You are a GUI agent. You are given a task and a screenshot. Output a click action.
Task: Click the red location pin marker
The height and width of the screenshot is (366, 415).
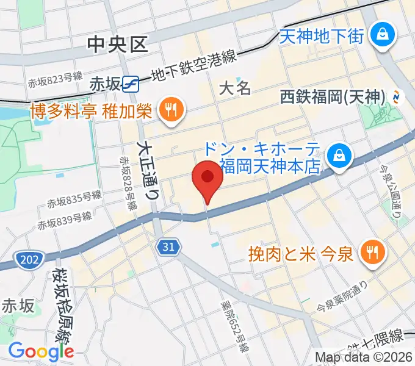tap(207, 179)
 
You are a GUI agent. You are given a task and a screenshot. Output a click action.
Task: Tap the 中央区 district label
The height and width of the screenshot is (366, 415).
tap(118, 44)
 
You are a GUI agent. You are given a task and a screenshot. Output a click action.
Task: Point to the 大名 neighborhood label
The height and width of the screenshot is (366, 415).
tap(235, 88)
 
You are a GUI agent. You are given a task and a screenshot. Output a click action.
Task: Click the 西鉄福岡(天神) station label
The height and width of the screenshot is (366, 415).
tap(333, 96)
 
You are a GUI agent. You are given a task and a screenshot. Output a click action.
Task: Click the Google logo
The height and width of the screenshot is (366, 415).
tap(41, 351)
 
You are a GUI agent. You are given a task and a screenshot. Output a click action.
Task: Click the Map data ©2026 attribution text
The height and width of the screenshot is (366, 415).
tap(364, 357)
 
